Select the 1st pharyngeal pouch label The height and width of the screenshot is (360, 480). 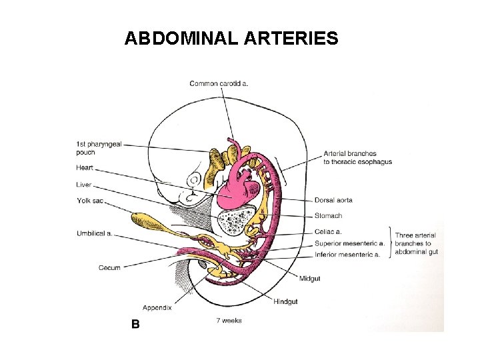click(x=98, y=148)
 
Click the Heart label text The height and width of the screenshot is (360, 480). click(x=85, y=167)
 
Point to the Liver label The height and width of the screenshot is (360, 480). click(x=83, y=185)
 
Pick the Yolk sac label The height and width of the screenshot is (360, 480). click(x=90, y=201)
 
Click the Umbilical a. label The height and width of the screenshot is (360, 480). click(x=94, y=233)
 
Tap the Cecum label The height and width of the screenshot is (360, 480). click(x=109, y=268)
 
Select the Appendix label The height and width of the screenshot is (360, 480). click(x=157, y=307)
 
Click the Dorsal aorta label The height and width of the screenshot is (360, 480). click(x=333, y=200)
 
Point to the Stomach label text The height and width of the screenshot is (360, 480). click(x=328, y=216)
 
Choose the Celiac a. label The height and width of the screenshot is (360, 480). click(x=328, y=232)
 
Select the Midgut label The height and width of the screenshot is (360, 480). click(x=309, y=278)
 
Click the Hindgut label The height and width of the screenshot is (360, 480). click(x=285, y=302)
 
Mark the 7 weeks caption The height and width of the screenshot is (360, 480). click(x=229, y=321)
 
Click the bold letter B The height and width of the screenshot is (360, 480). click(x=135, y=323)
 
